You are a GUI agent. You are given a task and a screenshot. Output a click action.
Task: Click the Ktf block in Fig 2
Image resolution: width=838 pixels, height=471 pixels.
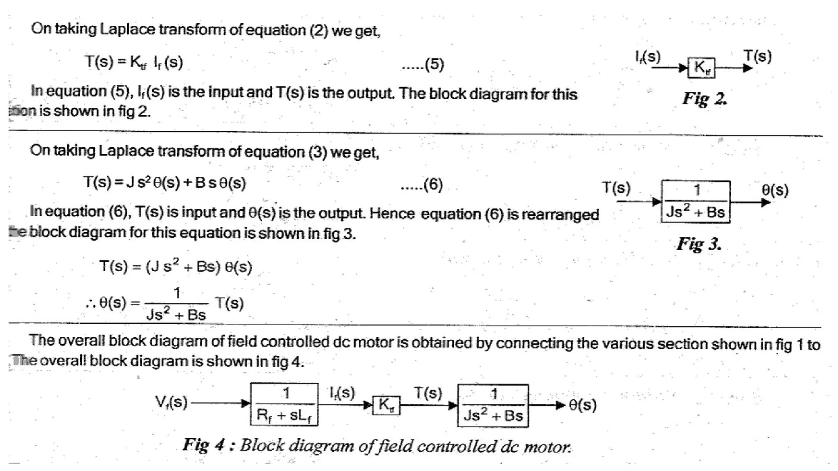point(701,67)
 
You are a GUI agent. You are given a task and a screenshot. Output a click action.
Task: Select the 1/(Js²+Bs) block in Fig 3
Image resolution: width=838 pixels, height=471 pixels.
point(695,202)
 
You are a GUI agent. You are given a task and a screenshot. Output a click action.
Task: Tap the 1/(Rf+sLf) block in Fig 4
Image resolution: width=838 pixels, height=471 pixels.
point(284,404)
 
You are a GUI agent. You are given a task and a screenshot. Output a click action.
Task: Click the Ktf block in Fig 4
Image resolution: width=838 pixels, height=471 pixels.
point(386,405)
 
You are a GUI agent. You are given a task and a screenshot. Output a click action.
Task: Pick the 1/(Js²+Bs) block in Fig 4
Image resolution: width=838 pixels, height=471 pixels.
point(493,406)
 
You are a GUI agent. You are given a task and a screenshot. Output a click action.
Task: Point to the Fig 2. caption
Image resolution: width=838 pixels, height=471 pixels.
point(705,99)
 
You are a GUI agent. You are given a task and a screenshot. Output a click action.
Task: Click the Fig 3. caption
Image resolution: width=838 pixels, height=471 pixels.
point(699,244)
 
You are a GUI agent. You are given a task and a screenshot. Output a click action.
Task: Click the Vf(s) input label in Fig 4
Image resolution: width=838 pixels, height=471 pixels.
point(171,402)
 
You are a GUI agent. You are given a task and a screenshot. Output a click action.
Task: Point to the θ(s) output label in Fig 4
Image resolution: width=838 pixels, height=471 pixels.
point(583,405)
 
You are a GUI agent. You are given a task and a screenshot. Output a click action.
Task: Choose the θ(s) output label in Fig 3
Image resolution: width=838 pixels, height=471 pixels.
point(775,190)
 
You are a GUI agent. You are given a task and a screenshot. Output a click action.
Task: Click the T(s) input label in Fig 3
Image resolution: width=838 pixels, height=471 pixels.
point(616,188)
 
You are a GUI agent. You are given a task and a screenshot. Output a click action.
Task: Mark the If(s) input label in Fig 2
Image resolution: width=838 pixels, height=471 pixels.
point(648,57)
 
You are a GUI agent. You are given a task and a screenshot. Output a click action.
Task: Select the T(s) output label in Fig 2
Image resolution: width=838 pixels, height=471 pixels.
point(757,56)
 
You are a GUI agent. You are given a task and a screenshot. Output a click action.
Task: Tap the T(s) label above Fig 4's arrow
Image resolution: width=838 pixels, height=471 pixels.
point(428,393)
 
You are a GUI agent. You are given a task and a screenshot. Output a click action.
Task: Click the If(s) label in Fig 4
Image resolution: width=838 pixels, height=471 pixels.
point(342,392)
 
